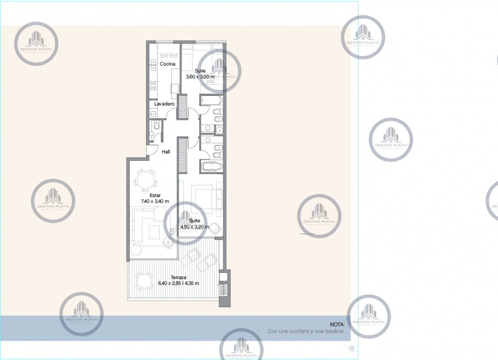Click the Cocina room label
(168, 64)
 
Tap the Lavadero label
(164, 103)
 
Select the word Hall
(166, 152)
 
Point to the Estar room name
(155, 195)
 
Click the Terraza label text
(178, 278)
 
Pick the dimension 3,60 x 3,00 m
(200, 77)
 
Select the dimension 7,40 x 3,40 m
(155, 201)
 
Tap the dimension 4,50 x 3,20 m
(195, 227)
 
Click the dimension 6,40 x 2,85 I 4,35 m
(178, 284)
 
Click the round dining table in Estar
(145, 181)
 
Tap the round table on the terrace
(143, 282)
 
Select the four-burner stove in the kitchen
(154, 85)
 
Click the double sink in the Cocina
(153, 66)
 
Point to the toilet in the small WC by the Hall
(156, 126)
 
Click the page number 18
(351, 348)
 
